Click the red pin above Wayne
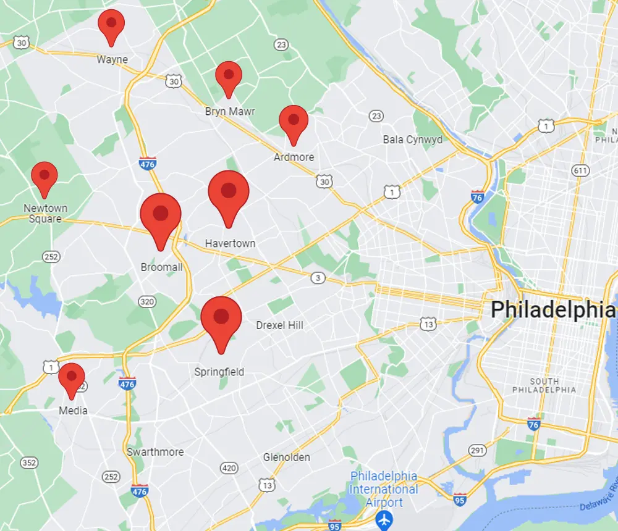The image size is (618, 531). click(x=111, y=24)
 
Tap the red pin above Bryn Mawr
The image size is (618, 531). click(x=228, y=75)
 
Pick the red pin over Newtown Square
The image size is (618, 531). click(x=44, y=176)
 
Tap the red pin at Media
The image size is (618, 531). click(x=71, y=377)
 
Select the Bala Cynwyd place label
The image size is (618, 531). click(x=412, y=140)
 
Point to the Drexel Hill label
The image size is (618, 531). click(x=279, y=325)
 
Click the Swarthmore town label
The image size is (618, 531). click(x=155, y=452)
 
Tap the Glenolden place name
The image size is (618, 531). click(x=286, y=458)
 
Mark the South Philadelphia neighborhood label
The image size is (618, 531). click(x=544, y=385)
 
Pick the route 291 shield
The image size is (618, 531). click(x=476, y=451)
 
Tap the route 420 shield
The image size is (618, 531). click(x=229, y=469)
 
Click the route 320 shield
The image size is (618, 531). click(x=147, y=302)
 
